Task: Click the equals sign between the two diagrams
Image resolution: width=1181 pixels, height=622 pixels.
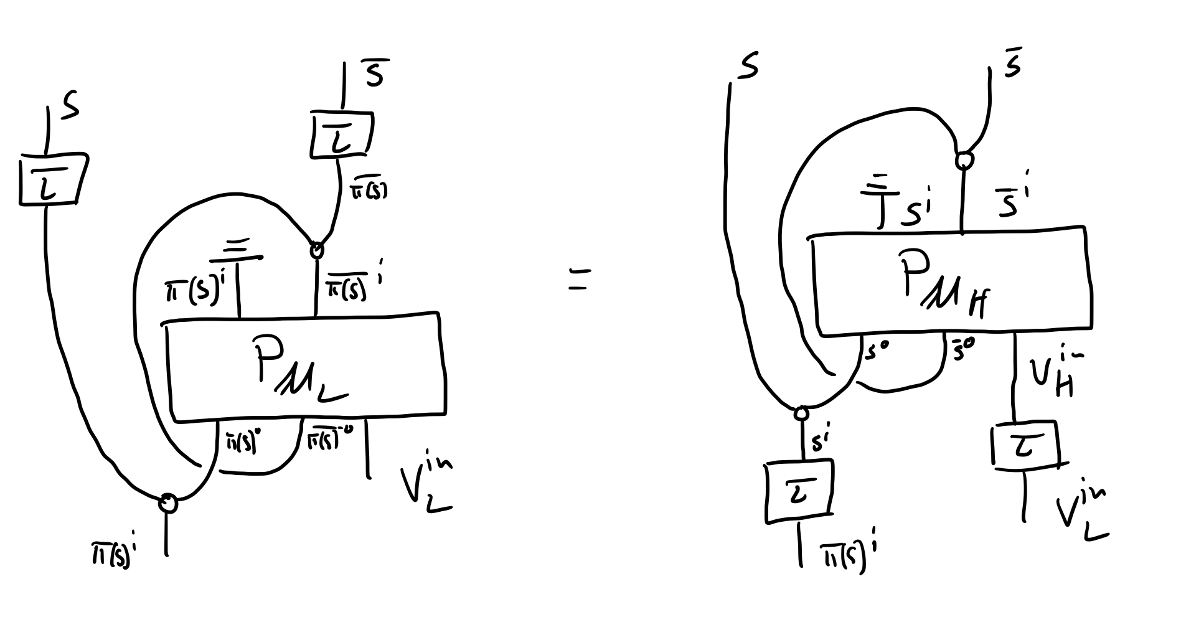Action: click(579, 281)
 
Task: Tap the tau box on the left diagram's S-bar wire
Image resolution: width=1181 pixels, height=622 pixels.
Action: click(340, 134)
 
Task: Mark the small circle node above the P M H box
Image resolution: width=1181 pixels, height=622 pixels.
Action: click(964, 161)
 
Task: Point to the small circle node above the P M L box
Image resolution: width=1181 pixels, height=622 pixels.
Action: click(317, 250)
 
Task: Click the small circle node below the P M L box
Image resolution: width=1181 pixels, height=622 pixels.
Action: click(167, 502)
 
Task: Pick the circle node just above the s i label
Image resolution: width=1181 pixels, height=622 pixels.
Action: click(801, 413)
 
